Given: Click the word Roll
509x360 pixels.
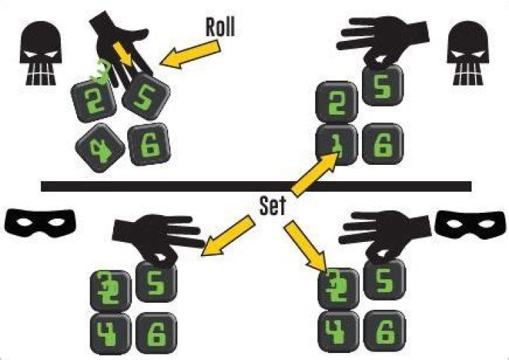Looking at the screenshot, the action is [220, 27].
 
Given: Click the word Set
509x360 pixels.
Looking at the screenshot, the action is [273, 206].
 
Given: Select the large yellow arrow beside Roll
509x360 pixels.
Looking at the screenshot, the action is [191, 54].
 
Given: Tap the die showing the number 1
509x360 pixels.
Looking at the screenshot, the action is [337, 145].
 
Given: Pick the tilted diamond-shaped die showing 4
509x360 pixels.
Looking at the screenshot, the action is [100, 148].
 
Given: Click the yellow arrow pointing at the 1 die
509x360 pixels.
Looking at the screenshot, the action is [314, 175].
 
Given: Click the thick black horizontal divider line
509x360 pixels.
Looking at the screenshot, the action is [256, 186].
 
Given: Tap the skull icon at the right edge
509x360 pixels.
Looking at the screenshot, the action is [468, 53].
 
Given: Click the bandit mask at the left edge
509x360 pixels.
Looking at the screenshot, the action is [40, 222].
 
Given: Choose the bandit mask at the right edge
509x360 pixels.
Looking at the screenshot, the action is [470, 224].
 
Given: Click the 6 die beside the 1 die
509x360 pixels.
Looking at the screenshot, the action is [383, 144].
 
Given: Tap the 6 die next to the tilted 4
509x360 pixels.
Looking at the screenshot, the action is [149, 144].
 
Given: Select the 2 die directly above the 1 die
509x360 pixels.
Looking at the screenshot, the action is [337, 102].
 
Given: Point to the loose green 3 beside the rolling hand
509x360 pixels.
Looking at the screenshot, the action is [101, 71].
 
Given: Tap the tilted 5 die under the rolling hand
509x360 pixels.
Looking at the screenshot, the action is [146, 96].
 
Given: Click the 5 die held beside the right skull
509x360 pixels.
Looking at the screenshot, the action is [382, 85].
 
